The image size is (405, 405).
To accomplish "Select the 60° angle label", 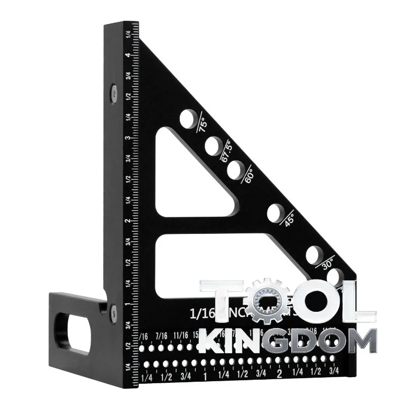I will (249, 175).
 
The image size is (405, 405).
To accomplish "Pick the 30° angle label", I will (328, 264).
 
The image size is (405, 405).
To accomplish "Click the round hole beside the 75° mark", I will (188, 119).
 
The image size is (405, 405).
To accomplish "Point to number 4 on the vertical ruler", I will (131, 55).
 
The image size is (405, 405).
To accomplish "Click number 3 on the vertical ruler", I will (131, 138).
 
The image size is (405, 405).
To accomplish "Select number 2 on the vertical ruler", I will (131, 221).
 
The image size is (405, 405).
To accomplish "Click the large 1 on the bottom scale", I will (205, 376).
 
